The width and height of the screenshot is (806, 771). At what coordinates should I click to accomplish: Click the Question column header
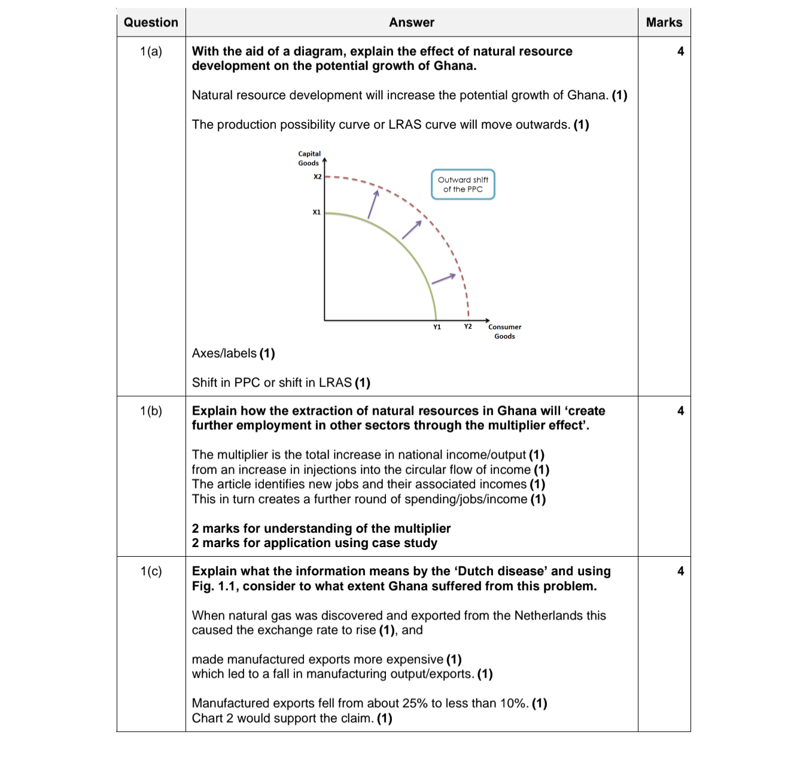(151, 23)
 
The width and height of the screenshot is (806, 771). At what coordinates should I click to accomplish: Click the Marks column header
(664, 23)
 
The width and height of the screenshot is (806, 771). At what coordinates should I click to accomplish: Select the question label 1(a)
(151, 51)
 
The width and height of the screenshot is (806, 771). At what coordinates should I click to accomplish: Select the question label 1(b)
(151, 411)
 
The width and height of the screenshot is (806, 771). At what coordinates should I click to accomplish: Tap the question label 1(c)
(151, 572)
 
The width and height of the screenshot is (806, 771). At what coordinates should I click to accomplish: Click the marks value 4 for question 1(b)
(680, 411)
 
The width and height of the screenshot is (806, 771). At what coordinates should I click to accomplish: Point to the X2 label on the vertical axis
(318, 177)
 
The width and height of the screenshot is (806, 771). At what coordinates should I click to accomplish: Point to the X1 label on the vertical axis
(317, 212)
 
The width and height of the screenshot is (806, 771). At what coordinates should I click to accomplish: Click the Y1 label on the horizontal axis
(437, 327)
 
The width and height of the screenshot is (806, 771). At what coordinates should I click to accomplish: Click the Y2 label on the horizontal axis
(468, 326)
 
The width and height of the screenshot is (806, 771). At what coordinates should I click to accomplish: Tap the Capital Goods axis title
(309, 159)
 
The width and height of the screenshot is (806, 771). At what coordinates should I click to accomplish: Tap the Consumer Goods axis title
(504, 332)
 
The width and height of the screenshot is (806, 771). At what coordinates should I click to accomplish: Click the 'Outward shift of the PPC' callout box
(463, 184)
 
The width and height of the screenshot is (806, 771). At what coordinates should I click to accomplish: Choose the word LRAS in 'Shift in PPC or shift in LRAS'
(335, 383)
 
